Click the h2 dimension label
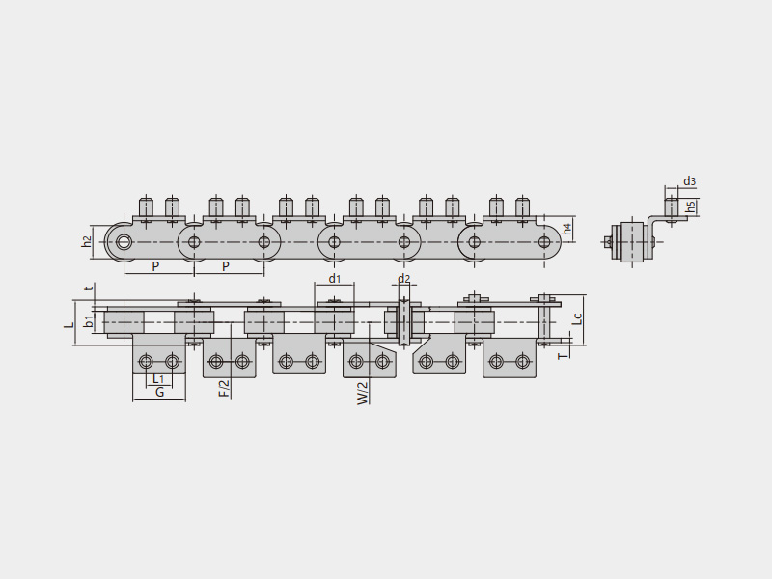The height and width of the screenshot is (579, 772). [87, 241]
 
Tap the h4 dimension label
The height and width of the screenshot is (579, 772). [567, 229]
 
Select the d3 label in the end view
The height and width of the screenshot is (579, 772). [689, 181]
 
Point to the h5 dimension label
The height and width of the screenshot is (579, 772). [691, 207]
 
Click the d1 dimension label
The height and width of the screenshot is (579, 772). [334, 279]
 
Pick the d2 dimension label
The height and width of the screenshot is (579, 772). [403, 279]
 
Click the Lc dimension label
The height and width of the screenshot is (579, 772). [578, 318]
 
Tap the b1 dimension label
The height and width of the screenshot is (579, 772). [89, 322]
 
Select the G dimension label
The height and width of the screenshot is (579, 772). [159, 393]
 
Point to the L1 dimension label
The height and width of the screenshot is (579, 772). [157, 378]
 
